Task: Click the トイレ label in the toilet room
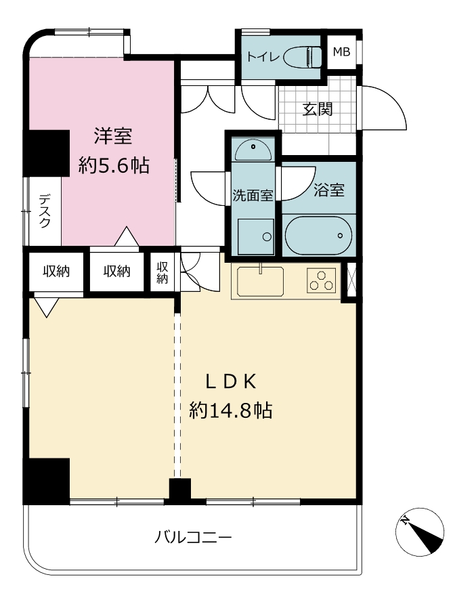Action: tap(263, 57)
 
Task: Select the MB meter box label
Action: tap(341, 51)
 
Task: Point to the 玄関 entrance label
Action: tap(317, 110)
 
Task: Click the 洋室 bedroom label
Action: tap(113, 137)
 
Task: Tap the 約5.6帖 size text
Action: tap(114, 166)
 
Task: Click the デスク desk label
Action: tap(45, 211)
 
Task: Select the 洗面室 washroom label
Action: tap(253, 195)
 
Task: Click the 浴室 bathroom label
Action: tap(329, 190)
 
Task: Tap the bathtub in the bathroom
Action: tap(318, 235)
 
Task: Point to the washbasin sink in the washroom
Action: tap(253, 150)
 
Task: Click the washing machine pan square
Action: tap(255, 237)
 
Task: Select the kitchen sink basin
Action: tap(260, 281)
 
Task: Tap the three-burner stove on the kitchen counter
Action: tap(322, 280)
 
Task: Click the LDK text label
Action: tap(231, 381)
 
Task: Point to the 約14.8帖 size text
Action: tap(231, 410)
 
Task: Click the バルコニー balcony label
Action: tap(193, 538)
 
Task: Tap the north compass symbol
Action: tap(420, 532)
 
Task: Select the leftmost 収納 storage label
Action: tap(56, 272)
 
